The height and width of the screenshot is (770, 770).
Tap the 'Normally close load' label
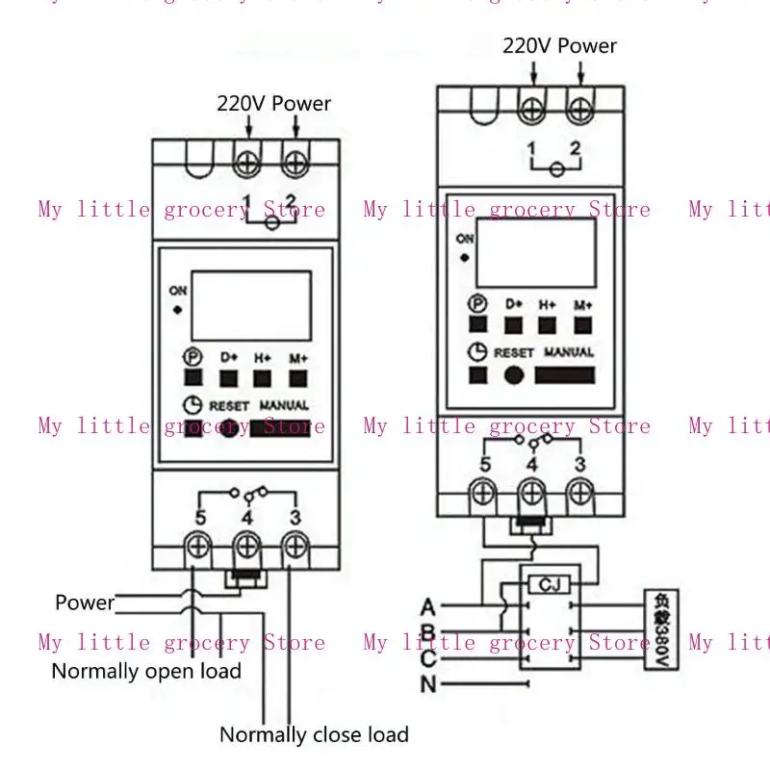(314, 734)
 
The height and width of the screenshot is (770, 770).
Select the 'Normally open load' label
(146, 671)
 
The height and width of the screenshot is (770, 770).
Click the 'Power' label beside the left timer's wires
(85, 603)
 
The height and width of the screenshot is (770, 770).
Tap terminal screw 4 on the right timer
(531, 494)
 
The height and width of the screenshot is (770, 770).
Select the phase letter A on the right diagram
(428, 606)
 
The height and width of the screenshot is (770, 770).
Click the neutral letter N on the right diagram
(428, 685)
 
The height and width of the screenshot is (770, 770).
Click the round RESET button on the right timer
(515, 374)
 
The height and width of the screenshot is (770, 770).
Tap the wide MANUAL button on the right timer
(570, 374)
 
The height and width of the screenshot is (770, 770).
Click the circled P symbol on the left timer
(193, 357)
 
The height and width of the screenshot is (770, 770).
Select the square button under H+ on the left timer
(263, 376)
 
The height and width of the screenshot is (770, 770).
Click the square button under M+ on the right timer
(583, 325)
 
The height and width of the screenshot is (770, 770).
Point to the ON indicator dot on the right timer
(465, 258)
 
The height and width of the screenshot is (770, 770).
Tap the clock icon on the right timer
(477, 352)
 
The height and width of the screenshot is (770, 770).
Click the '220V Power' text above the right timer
(559, 45)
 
